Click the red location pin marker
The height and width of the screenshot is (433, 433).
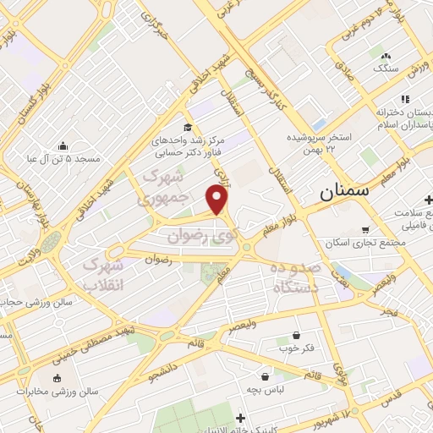pos(217,199)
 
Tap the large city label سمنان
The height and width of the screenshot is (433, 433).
pos(346,191)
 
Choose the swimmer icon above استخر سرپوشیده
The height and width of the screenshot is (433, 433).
pos(319,123)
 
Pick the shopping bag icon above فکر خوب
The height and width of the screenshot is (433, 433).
pos(295,335)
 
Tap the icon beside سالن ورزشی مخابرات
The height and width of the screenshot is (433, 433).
pos(57,378)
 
